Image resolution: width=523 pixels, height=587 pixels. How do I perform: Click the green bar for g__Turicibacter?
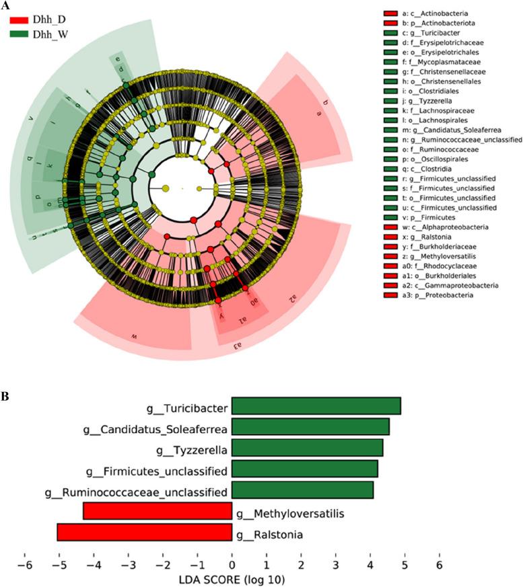(x=316, y=406)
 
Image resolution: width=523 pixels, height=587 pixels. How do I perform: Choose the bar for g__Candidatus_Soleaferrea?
(x=310, y=428)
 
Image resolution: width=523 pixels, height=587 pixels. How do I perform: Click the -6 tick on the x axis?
(x=25, y=561)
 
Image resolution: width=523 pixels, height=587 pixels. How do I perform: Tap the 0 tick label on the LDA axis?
(x=232, y=561)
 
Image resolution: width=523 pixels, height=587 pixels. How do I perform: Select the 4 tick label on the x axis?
(x=370, y=561)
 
